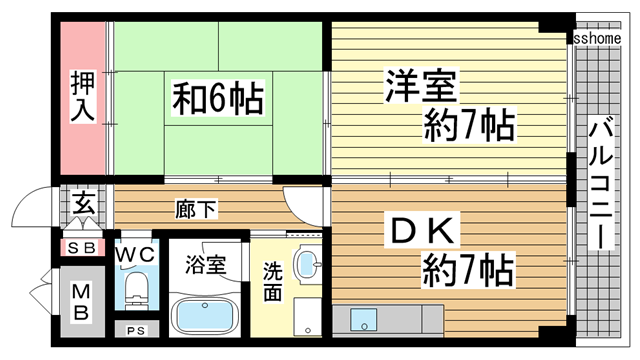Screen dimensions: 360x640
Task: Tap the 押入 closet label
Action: [81, 97]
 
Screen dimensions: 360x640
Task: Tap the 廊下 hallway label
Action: [192, 210]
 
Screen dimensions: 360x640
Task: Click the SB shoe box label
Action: [80, 247]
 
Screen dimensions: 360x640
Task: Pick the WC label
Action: [134, 254]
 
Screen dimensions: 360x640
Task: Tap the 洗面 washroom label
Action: [273, 283]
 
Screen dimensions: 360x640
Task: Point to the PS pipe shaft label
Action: [134, 330]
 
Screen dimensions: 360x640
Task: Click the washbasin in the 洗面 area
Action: [306, 266]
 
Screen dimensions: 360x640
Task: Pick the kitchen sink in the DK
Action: [364, 320]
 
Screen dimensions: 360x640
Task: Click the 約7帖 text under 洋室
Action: [468, 126]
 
